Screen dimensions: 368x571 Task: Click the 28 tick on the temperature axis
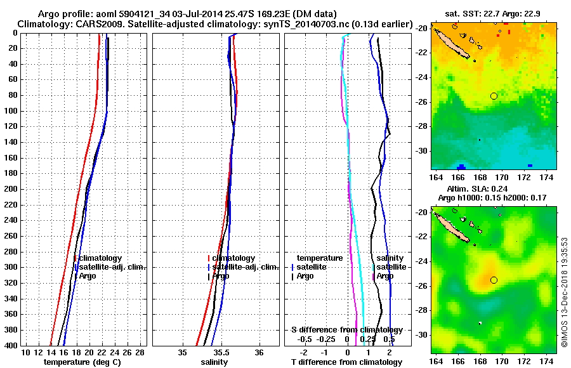pyautogui.click(x=140, y=352)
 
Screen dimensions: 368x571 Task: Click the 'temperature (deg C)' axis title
pyautogui.click(x=82, y=362)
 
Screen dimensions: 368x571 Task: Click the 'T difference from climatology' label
pyautogui.click(x=347, y=362)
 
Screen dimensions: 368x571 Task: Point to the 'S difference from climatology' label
pyautogui.click(x=346, y=330)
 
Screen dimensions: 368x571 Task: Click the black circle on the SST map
pyautogui.click(x=494, y=96)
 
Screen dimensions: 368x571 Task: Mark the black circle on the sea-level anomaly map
pyautogui.click(x=494, y=280)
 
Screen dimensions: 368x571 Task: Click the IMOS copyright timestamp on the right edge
pyautogui.click(x=564, y=292)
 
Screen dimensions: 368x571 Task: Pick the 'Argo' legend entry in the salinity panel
pyautogui.click(x=221, y=276)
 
